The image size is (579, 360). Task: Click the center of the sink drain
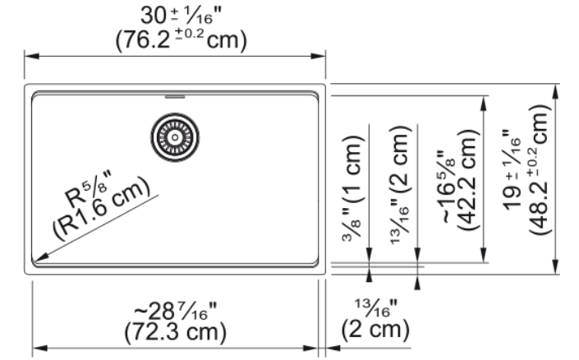click(x=175, y=137)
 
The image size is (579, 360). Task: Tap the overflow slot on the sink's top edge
click(x=175, y=97)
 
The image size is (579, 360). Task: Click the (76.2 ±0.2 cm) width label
click(x=181, y=40)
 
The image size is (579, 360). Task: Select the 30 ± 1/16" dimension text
click(x=181, y=16)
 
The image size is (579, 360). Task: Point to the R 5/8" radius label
click(x=89, y=189)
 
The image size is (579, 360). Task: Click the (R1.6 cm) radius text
click(x=102, y=208)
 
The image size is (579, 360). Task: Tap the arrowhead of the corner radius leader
click(x=40, y=256)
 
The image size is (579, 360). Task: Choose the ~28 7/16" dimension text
click(x=175, y=312)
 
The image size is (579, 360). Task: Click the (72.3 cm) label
click(x=175, y=332)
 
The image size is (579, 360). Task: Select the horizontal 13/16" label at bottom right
click(x=376, y=308)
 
